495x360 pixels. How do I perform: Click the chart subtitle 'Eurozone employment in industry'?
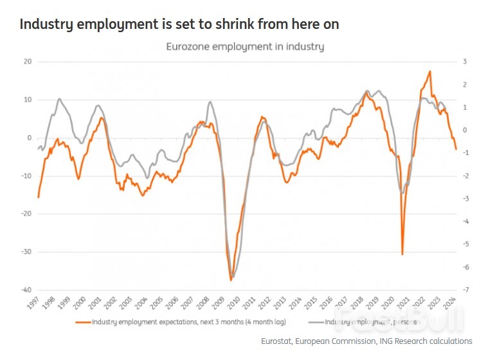coord(245,46)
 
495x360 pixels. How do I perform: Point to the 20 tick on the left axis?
coord(27,62)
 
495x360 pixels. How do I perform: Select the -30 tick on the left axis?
coord(25,252)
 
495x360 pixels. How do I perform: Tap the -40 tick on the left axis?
coord(25,290)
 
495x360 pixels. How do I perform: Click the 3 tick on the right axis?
coord(465,62)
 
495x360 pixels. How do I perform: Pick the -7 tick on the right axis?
coord(464,290)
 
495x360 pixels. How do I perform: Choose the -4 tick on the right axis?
coord(464,221)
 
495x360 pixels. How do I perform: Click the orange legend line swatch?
coord(83,321)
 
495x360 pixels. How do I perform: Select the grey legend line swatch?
coord(316,321)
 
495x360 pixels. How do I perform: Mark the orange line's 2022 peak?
coord(429,71)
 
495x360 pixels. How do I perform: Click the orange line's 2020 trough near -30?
coord(402,254)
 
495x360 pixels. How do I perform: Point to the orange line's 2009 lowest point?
coord(231,280)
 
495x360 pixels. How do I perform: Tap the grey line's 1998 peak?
coord(59,99)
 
